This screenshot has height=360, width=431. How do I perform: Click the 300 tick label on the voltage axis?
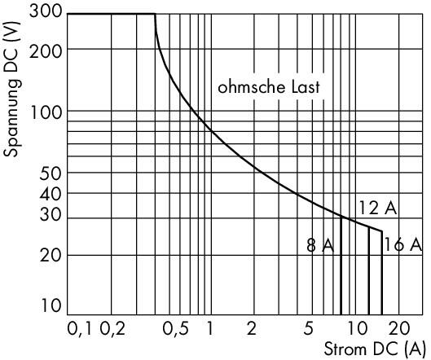(46, 11)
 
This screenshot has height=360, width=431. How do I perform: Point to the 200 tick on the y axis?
(46, 51)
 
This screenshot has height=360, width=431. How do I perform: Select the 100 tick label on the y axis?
(46, 112)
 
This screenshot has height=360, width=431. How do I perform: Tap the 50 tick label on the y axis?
(51, 174)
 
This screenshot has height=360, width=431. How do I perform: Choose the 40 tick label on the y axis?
(51, 195)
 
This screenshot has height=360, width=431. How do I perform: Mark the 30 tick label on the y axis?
(51, 215)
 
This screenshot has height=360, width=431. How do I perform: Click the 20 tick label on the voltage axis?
(51, 256)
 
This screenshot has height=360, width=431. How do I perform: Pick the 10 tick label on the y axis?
(51, 306)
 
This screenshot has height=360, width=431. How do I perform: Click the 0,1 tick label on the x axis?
(80, 329)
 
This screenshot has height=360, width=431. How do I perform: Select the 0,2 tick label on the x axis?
(112, 329)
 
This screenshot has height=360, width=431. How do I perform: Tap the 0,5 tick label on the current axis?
(176, 329)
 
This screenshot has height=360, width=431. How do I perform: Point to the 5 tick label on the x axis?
(309, 328)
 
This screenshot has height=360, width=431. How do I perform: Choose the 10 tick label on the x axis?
(357, 328)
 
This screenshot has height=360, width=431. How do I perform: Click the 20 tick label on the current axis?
(399, 328)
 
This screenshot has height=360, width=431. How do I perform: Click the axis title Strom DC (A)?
(375, 350)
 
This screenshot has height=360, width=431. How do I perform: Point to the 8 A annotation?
(320, 245)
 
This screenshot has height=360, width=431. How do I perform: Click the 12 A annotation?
(378, 208)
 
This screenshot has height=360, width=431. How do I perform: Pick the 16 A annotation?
(403, 244)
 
